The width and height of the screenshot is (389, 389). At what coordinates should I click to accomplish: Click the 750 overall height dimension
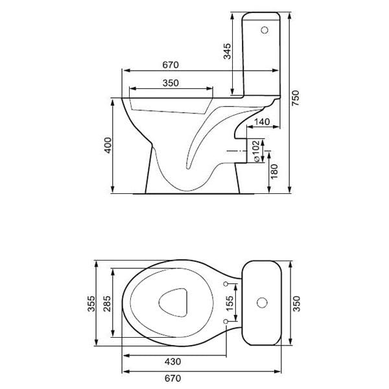pyautogui.click(x=295, y=97)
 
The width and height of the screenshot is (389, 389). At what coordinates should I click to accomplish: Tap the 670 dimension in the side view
pyautogui.click(x=170, y=65)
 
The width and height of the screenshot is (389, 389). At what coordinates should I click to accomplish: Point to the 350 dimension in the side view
pyautogui.click(x=171, y=83)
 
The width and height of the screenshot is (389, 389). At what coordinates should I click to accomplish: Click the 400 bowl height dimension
pyautogui.click(x=108, y=146)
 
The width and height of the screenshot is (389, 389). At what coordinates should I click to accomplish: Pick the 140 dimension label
pyautogui.click(x=263, y=121)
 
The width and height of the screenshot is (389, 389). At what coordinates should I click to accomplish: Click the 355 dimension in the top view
pyautogui.click(x=91, y=303)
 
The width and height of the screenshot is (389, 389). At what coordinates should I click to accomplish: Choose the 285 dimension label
pyautogui.click(x=107, y=303)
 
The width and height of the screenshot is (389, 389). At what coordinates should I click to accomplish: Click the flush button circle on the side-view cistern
pyautogui.click(x=264, y=30)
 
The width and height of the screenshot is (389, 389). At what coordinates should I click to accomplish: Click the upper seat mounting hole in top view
pyautogui.click(x=225, y=284)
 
